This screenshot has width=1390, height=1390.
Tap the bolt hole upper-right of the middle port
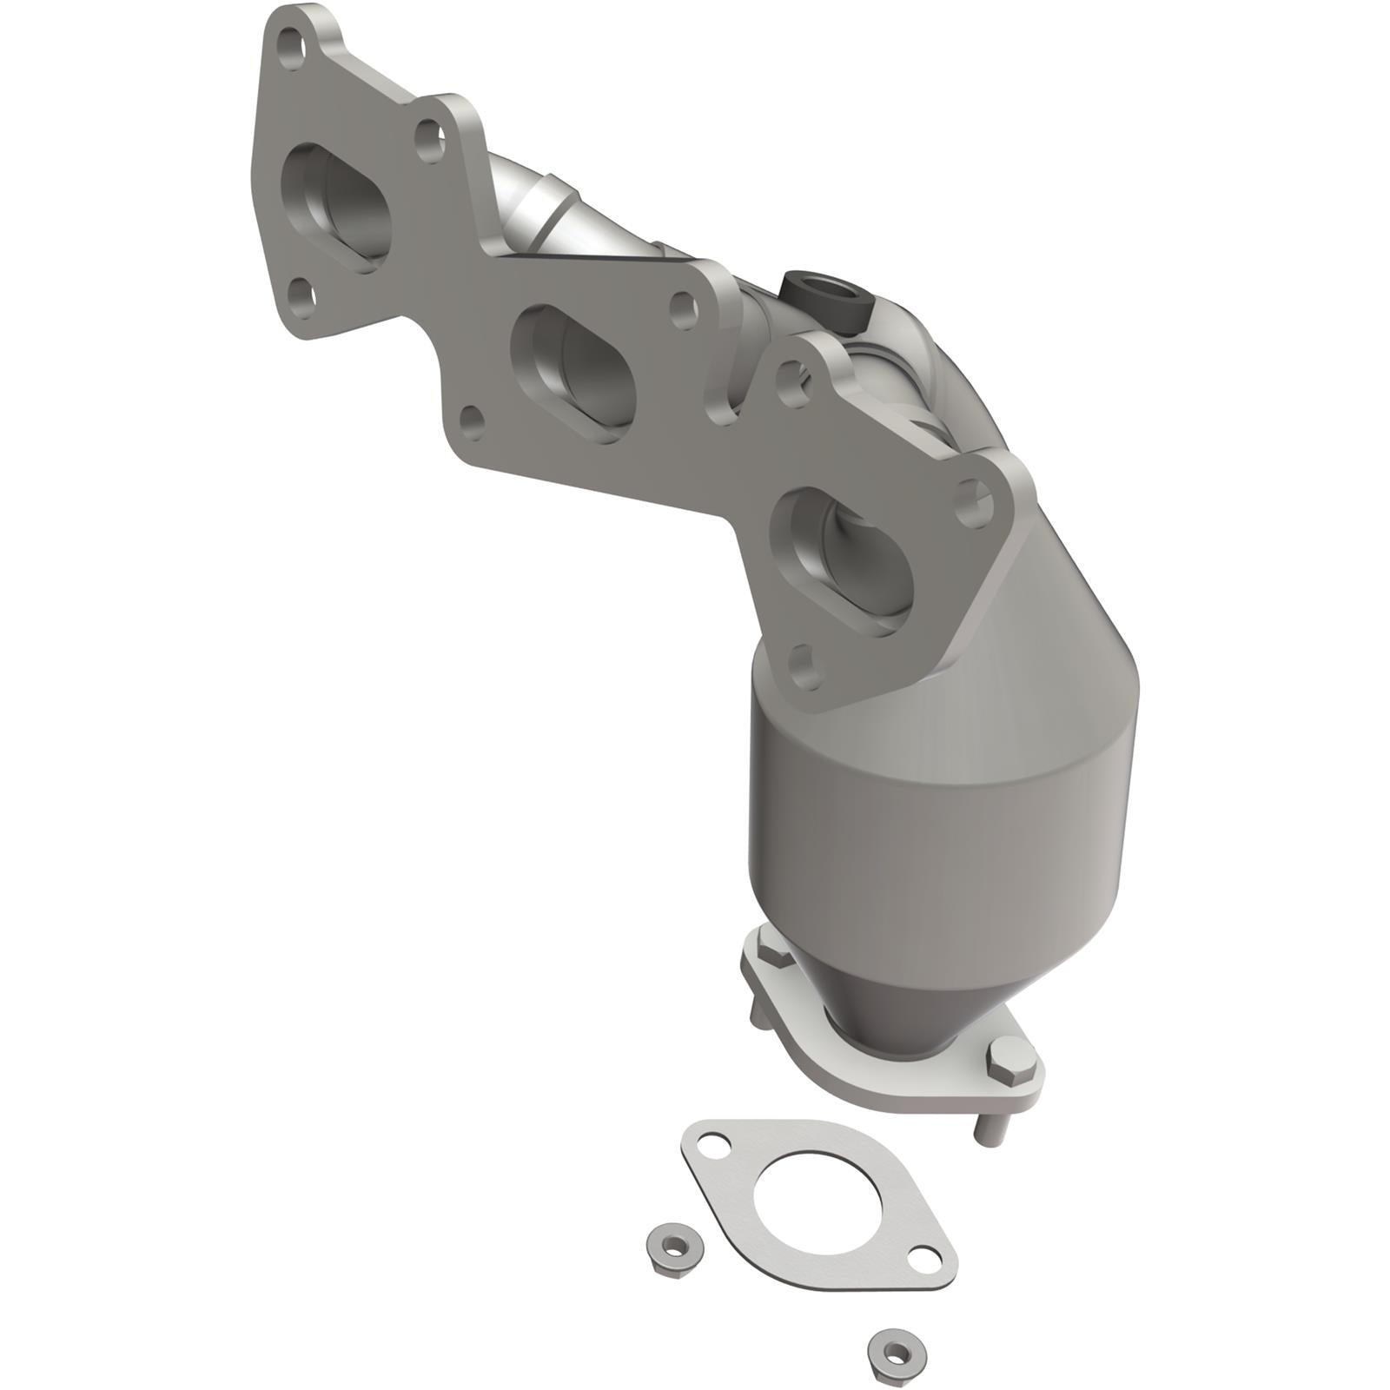[685, 306]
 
